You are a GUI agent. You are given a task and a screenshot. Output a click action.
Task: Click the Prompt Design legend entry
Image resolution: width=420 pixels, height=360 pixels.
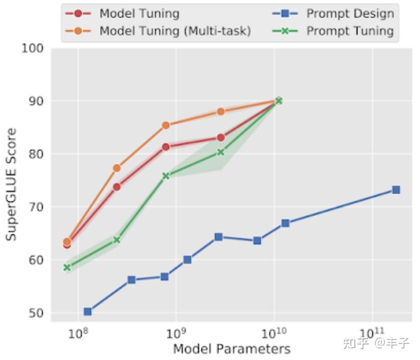tap(350, 14)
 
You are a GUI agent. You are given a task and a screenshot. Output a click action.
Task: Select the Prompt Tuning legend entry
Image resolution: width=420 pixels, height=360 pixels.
tap(350, 31)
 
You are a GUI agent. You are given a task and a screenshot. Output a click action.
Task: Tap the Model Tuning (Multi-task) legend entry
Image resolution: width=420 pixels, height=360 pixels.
tap(174, 31)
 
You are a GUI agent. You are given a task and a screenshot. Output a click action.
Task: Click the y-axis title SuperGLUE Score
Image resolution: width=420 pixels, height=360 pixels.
tap(11, 184)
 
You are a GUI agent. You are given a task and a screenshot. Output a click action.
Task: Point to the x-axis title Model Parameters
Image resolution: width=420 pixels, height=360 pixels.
tap(232, 348)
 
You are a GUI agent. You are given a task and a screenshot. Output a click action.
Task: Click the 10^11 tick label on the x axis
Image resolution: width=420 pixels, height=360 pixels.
tap(372, 332)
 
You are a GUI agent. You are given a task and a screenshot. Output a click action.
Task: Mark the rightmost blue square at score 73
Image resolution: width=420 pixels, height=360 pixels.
tap(396, 190)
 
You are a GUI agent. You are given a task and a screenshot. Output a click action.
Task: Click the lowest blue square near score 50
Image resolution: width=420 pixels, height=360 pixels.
tap(88, 311)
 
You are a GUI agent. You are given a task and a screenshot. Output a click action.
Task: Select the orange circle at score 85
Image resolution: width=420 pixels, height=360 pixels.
tap(166, 125)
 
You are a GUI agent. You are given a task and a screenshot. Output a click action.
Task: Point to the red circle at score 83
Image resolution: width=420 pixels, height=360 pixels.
tap(221, 137)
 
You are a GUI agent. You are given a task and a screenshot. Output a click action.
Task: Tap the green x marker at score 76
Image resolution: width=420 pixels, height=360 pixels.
tap(166, 176)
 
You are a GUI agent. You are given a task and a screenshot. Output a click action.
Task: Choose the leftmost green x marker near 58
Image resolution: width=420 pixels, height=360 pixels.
tap(67, 267)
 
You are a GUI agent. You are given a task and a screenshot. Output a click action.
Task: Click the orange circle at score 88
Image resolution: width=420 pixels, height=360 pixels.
tap(221, 112)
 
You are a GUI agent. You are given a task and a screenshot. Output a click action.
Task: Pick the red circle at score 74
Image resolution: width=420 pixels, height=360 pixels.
tap(117, 187)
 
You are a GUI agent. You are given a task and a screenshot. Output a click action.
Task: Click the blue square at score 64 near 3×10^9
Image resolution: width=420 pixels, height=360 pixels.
tap(219, 237)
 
